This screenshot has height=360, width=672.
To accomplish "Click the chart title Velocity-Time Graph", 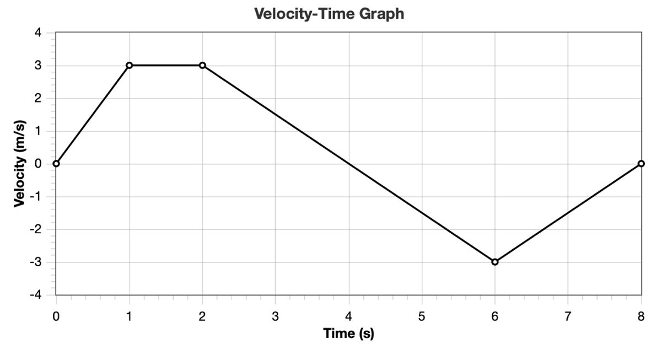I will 329,14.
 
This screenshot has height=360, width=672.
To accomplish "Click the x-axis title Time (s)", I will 348,334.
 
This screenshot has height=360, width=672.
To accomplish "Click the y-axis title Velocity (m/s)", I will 20,163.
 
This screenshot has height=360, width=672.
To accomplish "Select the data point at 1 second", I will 129,65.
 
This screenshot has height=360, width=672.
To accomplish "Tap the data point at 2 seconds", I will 202,65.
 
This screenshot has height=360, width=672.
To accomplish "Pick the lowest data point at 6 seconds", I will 494,262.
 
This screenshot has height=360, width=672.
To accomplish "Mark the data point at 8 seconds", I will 641,164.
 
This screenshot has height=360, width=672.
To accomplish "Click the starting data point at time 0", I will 56,164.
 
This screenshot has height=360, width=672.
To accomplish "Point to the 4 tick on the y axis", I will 37,33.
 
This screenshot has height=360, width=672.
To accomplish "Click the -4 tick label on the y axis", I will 35,295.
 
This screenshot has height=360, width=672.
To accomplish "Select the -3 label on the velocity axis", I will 35,262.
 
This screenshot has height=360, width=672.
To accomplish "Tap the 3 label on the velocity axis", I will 37,66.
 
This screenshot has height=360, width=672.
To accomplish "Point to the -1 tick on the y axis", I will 35,197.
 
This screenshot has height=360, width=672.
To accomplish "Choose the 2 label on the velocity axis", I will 37,98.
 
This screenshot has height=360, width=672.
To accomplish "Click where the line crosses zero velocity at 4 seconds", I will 348,164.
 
